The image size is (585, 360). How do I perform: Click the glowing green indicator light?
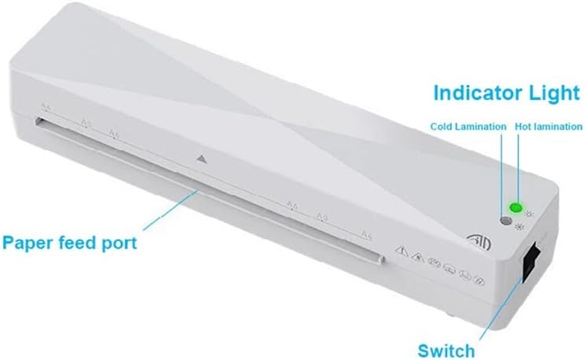pos(516,208)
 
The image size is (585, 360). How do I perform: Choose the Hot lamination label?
pos(548,126)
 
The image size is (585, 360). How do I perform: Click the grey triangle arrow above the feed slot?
pos(202,158)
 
